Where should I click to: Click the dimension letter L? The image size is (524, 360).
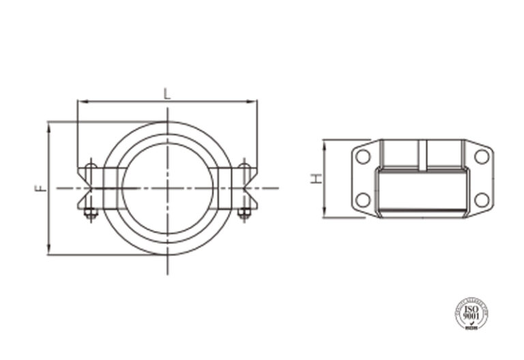(x=167, y=94)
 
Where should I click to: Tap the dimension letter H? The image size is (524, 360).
(x=316, y=179)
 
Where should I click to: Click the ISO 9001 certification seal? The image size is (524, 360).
(x=470, y=313)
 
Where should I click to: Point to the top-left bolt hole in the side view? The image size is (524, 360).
(x=363, y=157)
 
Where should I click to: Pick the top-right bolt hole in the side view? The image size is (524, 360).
(x=482, y=157)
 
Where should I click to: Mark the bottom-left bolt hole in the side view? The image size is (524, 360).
(x=363, y=200)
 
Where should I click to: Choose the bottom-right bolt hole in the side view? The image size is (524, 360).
(x=482, y=200)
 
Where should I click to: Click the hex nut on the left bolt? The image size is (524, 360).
(x=90, y=213)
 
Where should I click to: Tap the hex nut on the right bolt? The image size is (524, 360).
(x=244, y=213)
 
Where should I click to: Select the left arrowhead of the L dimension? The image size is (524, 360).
(x=81, y=102)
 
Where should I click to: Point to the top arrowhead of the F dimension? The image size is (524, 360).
(x=49, y=125)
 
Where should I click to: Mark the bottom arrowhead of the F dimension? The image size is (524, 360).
(x=49, y=251)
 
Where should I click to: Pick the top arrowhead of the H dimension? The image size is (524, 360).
(x=325, y=143)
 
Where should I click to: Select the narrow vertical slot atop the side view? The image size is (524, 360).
(x=423, y=155)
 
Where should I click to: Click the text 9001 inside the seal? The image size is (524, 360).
(x=470, y=316)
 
